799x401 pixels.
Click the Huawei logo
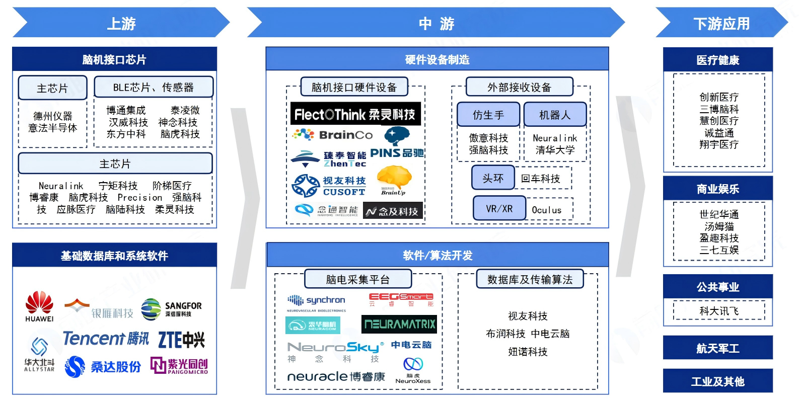(x=39, y=306)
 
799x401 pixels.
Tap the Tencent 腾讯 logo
(x=106, y=339)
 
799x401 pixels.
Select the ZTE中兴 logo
(x=181, y=340)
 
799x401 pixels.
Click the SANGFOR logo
(x=171, y=309)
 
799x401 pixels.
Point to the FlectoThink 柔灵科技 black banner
(x=355, y=114)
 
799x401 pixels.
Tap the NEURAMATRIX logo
(x=399, y=324)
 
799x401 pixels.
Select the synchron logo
(x=316, y=301)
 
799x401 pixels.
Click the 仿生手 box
(x=488, y=115)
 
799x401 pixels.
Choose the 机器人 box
(x=555, y=115)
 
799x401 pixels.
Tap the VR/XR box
(x=499, y=208)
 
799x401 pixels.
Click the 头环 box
(x=493, y=178)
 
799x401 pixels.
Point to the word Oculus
(x=546, y=210)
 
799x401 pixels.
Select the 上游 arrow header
(x=121, y=23)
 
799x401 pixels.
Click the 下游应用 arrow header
(x=721, y=23)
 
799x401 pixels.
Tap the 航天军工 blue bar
(x=717, y=348)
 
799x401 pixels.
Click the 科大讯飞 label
(x=718, y=311)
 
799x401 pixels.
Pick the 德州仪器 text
(x=53, y=116)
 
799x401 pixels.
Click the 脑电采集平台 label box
(x=357, y=279)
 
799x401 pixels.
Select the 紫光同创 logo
(x=179, y=366)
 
